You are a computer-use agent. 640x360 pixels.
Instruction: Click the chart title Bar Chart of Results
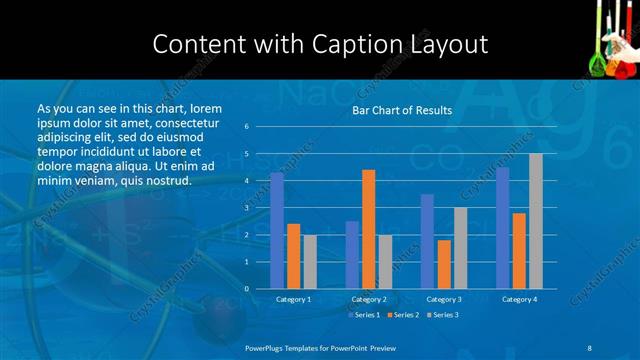point(401,110)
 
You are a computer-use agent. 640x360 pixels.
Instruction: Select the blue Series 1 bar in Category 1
point(277,230)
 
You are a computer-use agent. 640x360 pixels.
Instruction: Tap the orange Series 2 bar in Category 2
point(368,229)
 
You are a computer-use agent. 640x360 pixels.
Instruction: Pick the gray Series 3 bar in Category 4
point(536,221)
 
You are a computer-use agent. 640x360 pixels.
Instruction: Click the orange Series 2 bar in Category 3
point(444,264)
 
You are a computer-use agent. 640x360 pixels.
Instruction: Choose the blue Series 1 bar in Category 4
point(503,227)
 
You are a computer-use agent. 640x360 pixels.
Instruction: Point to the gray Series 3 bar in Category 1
point(310,261)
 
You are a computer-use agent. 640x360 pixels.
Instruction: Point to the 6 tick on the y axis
point(246,127)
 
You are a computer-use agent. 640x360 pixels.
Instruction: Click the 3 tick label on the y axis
point(246,208)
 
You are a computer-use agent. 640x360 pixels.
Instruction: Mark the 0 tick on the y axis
point(246,289)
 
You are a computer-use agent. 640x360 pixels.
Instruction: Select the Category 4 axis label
point(519,299)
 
